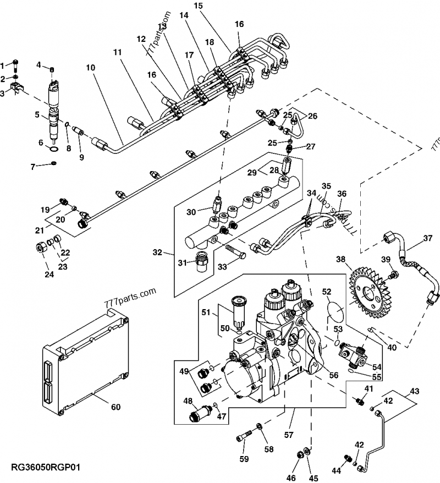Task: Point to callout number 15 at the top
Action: (198, 6)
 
